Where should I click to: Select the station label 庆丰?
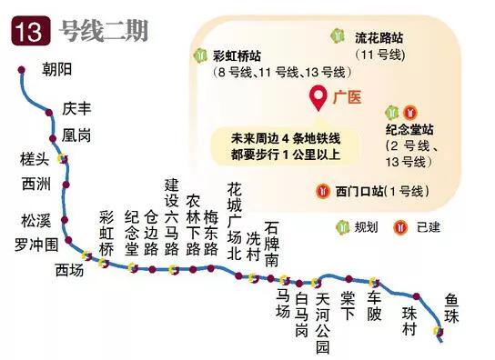(78, 108)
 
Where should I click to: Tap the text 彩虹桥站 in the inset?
(235, 55)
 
